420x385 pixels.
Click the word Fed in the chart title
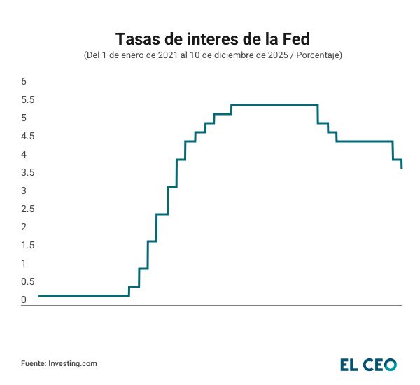click(290, 37)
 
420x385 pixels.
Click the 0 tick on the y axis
click(24, 300)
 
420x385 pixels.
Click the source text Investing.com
click(73, 363)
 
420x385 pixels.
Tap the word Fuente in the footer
click(33, 363)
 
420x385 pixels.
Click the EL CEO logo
click(368, 364)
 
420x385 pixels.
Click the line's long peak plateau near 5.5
click(274, 105)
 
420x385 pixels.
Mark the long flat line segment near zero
click(84, 295)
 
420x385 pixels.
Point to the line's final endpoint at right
click(402, 168)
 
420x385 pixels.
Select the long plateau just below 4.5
click(364, 141)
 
